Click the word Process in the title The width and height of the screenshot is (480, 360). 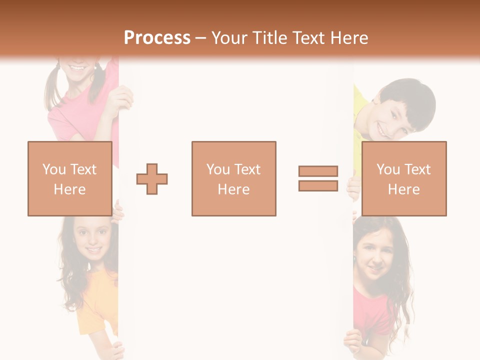pos(157,38)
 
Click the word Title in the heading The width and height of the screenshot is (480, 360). pos(269,38)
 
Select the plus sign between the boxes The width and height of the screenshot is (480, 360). pos(152,178)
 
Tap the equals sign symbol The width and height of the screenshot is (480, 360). pos(318,178)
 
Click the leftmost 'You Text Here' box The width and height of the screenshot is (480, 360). pos(70,178)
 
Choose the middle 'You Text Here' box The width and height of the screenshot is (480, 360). pos(234,178)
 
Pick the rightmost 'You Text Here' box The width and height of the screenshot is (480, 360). pos(404,178)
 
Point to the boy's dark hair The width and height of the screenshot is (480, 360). pos(410,97)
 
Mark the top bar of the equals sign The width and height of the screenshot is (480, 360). pos(318,171)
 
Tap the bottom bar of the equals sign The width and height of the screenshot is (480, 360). pos(318,185)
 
